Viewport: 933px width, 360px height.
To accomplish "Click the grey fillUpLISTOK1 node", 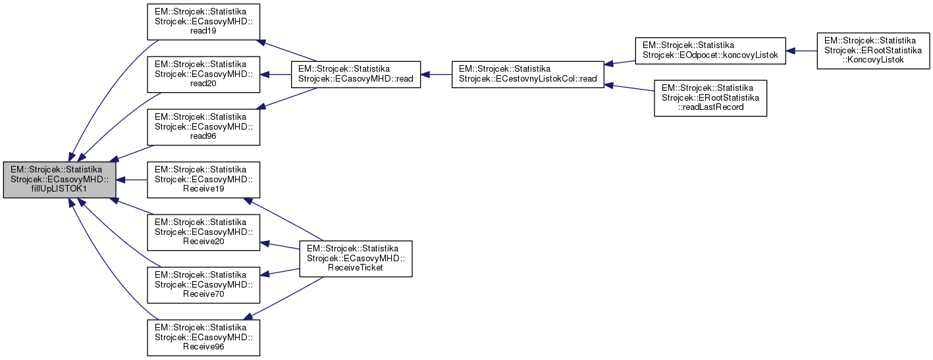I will [x=60, y=179].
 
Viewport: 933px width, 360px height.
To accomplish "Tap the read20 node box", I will [x=203, y=75].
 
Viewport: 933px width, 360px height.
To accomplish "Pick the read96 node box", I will [x=203, y=126].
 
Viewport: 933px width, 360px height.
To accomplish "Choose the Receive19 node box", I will [x=203, y=179].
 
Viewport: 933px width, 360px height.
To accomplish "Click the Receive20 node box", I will [x=203, y=231].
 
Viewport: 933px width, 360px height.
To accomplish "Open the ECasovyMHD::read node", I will [x=356, y=74].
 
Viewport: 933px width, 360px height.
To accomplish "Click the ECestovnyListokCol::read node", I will [x=527, y=74].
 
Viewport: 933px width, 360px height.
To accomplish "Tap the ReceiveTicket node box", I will [x=356, y=259].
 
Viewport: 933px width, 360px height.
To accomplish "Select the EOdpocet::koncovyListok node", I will [x=710, y=51].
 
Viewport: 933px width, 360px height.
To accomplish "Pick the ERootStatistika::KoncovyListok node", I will [x=872, y=51].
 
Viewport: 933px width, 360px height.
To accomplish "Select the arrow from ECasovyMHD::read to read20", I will [x=276, y=74].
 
